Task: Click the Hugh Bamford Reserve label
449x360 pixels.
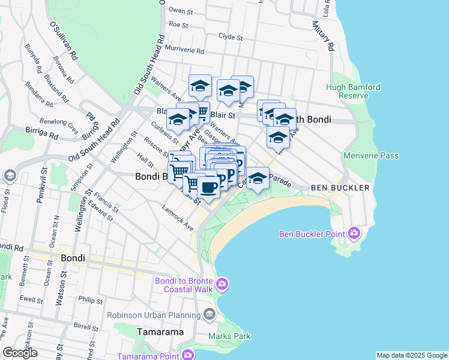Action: coord(353,91)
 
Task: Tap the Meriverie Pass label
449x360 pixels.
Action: coord(371,156)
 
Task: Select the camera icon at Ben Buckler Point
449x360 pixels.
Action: coord(355,233)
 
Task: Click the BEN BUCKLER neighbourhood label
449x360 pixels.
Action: coord(340,188)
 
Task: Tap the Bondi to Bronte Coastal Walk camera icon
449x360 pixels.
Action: coord(222,283)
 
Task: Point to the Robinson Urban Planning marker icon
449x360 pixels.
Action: coord(209,314)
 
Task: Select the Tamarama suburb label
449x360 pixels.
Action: coord(160,331)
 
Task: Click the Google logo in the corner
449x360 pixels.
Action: coord(20,353)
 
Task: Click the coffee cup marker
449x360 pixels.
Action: coord(208,187)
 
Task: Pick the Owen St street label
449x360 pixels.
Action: coord(181,10)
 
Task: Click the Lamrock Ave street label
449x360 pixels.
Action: coord(177,217)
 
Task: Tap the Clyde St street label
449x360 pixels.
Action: coord(231,36)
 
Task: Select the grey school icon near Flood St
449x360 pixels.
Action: coord(9,175)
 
